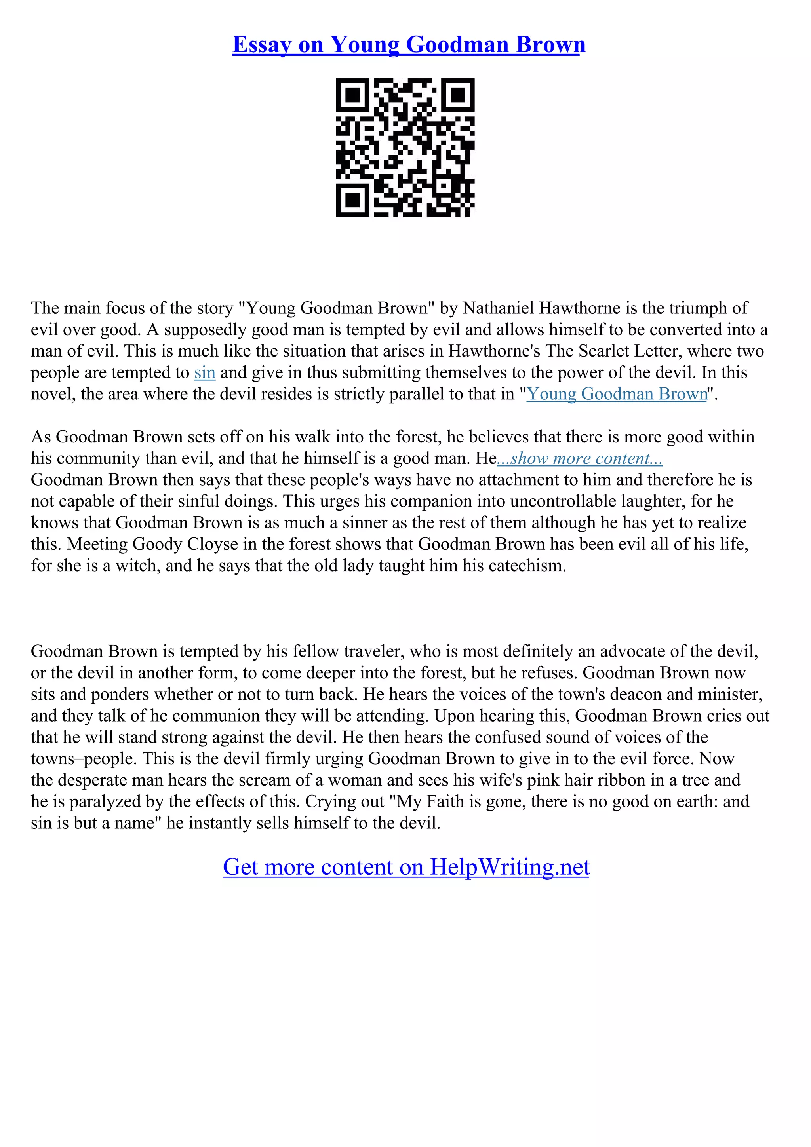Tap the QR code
pyautogui.click(x=405, y=147)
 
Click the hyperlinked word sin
pyautogui.click(x=204, y=373)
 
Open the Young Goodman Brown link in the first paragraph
pyautogui.click(x=617, y=394)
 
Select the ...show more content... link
pyautogui.click(x=580, y=459)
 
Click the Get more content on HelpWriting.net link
pyautogui.click(x=406, y=867)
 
